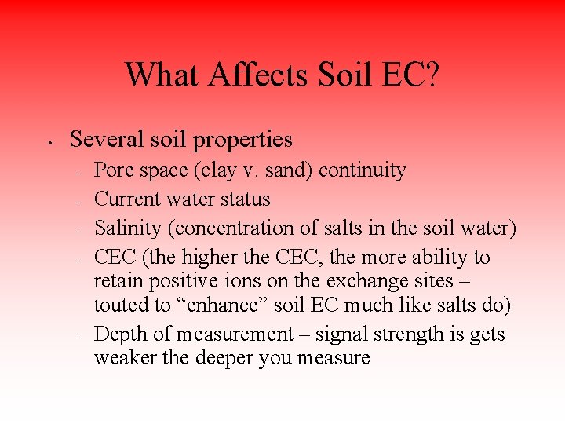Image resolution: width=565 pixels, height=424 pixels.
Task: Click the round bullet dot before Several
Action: click(x=49, y=143)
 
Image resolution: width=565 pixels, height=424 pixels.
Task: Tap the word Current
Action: click(x=130, y=199)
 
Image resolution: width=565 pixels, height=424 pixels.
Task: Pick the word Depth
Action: click(x=118, y=334)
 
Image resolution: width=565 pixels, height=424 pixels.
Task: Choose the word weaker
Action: click(x=122, y=358)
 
